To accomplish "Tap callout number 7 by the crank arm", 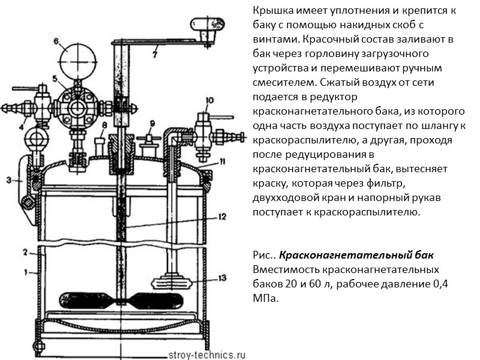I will point(154,55).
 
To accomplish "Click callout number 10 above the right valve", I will point(208,100).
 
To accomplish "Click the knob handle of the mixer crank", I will point(203,26).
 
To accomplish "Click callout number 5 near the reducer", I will point(55,79).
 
